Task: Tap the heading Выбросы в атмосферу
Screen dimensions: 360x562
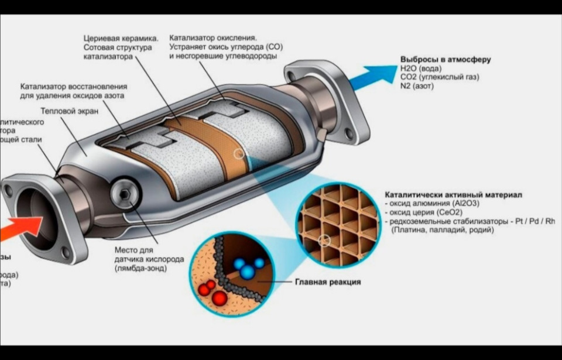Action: point(445,59)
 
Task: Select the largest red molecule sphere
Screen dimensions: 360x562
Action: point(219,298)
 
